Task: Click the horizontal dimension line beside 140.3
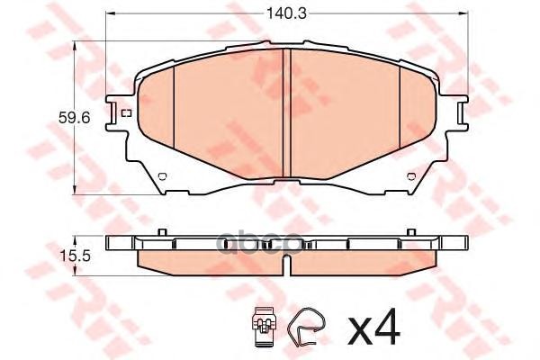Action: click(180, 13)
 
